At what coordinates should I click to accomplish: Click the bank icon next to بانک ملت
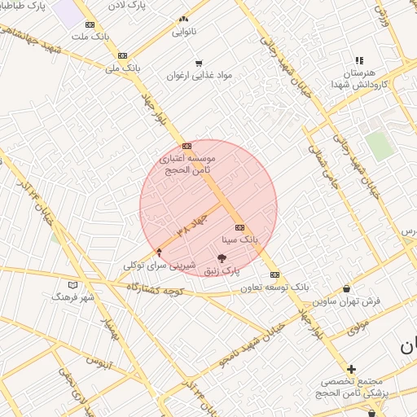(x=90, y=24)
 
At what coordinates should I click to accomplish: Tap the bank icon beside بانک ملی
(x=122, y=55)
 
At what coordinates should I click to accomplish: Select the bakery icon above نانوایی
(x=183, y=19)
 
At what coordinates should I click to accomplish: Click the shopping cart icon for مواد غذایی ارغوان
(x=198, y=63)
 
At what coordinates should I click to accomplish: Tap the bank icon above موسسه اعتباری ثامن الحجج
(x=187, y=145)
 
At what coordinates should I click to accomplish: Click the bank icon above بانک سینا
(x=239, y=227)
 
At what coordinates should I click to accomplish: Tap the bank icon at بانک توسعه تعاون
(x=274, y=274)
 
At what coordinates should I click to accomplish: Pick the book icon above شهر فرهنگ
(x=73, y=285)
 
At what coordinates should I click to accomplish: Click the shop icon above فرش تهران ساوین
(x=348, y=288)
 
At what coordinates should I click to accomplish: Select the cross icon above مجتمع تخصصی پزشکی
(x=351, y=369)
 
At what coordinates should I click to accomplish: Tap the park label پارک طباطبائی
(x=24, y=6)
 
